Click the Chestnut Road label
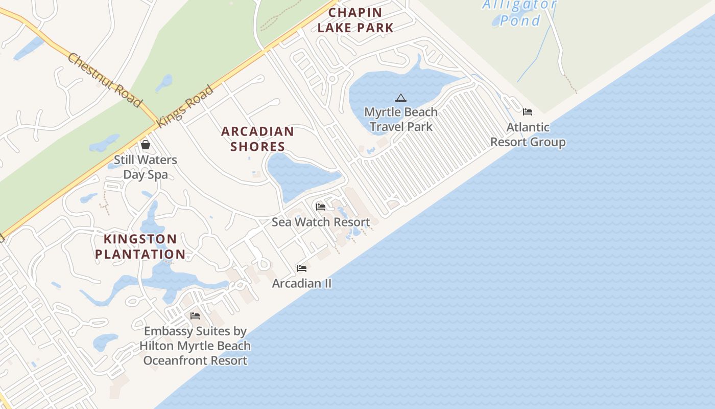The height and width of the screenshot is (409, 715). coord(104,80)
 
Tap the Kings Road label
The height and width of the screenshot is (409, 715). coord(185,106)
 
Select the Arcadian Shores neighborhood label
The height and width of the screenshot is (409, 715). coord(257,139)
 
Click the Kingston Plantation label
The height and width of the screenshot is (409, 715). coord(140,246)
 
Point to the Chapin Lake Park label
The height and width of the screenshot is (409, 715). coord(355,20)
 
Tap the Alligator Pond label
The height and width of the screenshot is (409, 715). coord(520,13)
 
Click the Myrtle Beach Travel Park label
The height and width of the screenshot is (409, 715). coord(401,119)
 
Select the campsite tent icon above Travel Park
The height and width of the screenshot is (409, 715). coord(401,98)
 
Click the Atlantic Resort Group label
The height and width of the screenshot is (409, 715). coord(528,134)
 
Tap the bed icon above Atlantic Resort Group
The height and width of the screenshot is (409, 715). coord(528,112)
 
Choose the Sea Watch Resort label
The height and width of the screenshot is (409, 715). coord(321,222)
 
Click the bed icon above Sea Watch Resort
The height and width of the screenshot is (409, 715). coord(321,207)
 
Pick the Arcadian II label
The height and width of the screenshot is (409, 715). coord(302,283)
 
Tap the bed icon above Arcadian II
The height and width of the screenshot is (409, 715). coord(302,268)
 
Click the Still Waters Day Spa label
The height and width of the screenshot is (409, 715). coord(146,167)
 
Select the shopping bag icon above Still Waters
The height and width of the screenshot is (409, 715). coord(146,145)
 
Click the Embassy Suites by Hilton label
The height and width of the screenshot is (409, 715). coord(195,346)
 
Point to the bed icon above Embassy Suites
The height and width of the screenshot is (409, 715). coord(195,316)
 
